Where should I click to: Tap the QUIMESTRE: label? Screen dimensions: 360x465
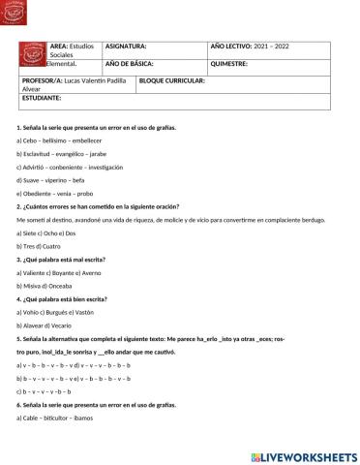point(228,63)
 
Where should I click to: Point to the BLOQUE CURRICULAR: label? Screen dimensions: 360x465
point(173,81)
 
